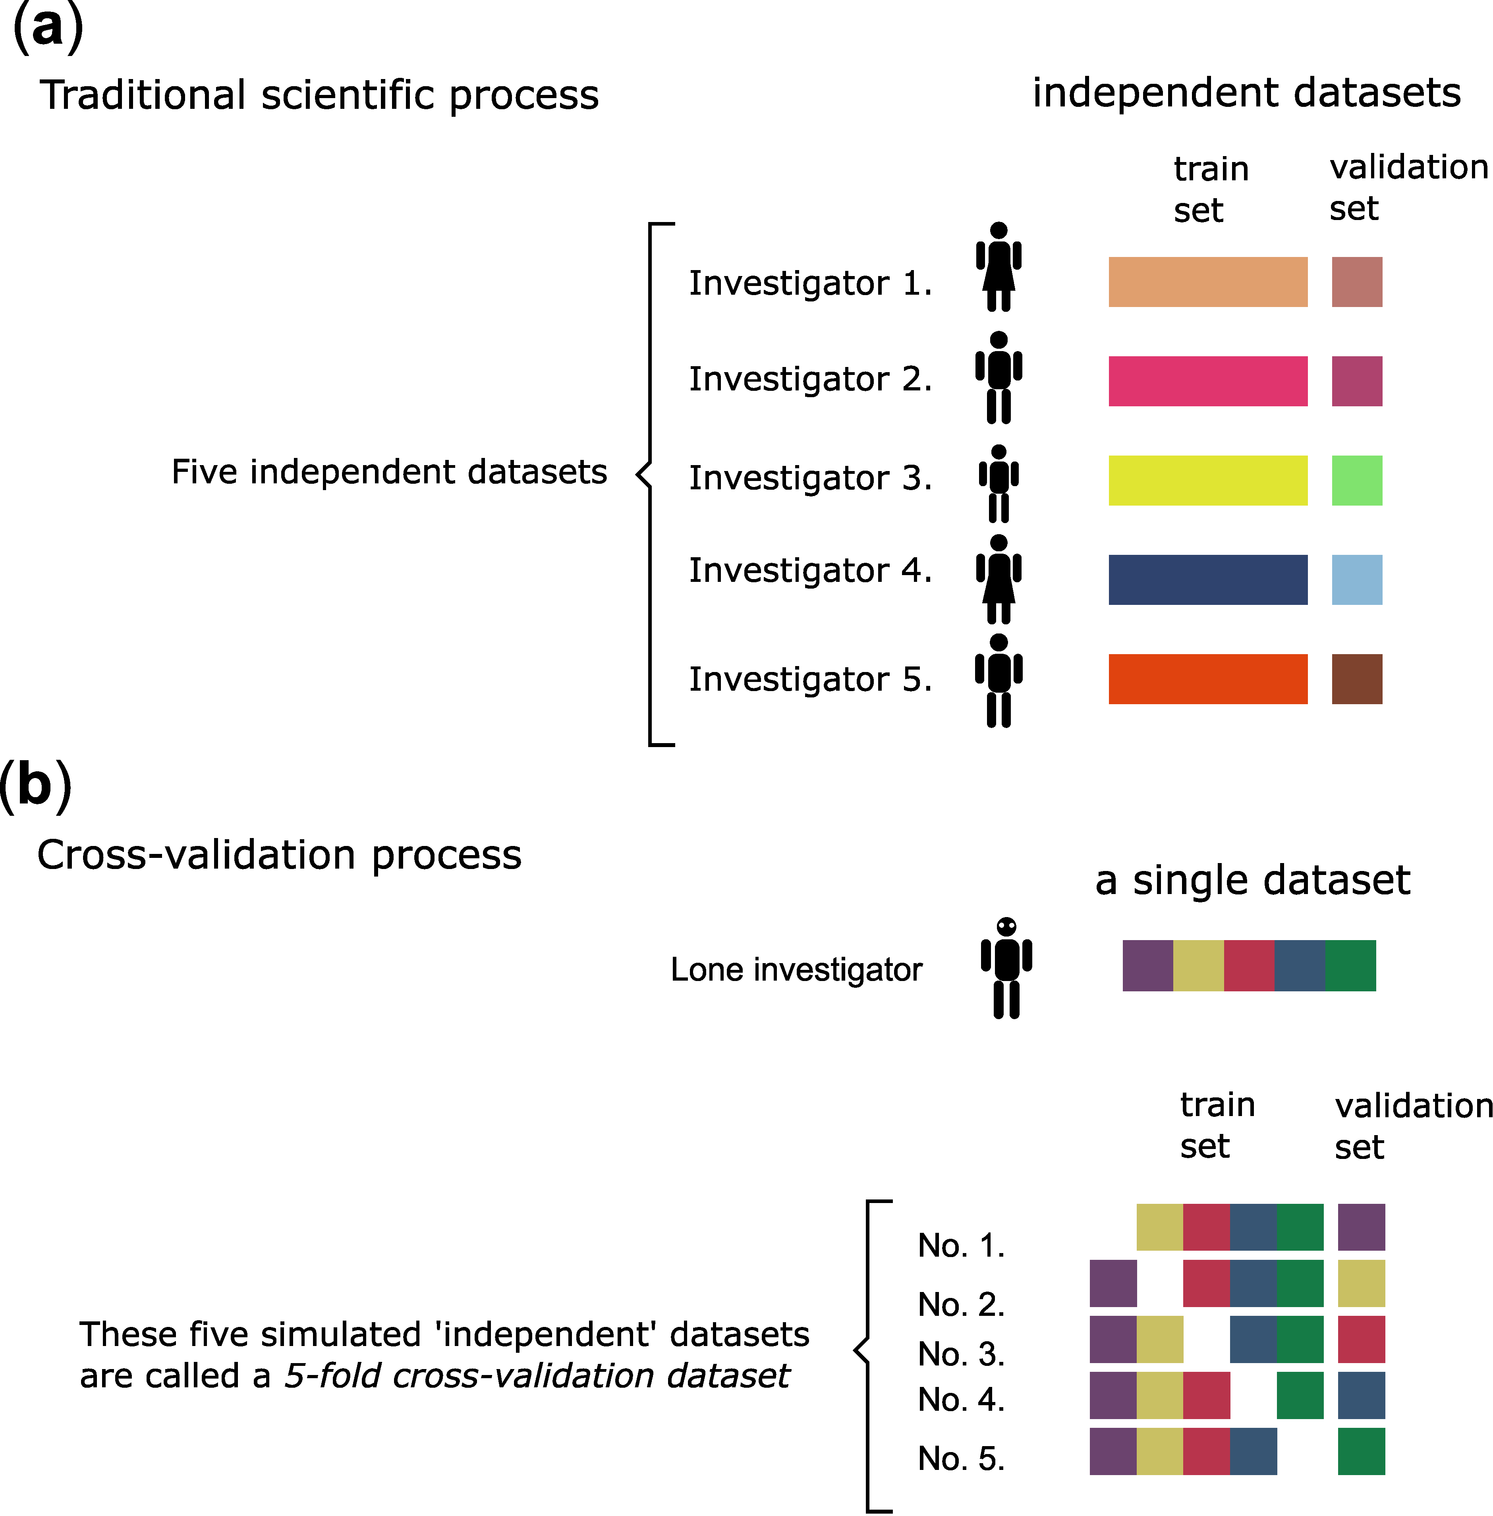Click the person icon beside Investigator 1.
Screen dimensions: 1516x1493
pyautogui.click(x=998, y=267)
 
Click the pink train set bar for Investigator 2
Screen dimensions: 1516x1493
pyautogui.click(x=1207, y=381)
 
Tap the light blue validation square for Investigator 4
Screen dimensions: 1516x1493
pyautogui.click(x=1356, y=579)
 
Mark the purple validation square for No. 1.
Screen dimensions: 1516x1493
pyautogui.click(x=1361, y=1226)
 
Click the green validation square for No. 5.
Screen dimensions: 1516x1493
pyautogui.click(x=1361, y=1451)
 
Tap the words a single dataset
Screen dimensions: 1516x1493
pyautogui.click(x=1252, y=880)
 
